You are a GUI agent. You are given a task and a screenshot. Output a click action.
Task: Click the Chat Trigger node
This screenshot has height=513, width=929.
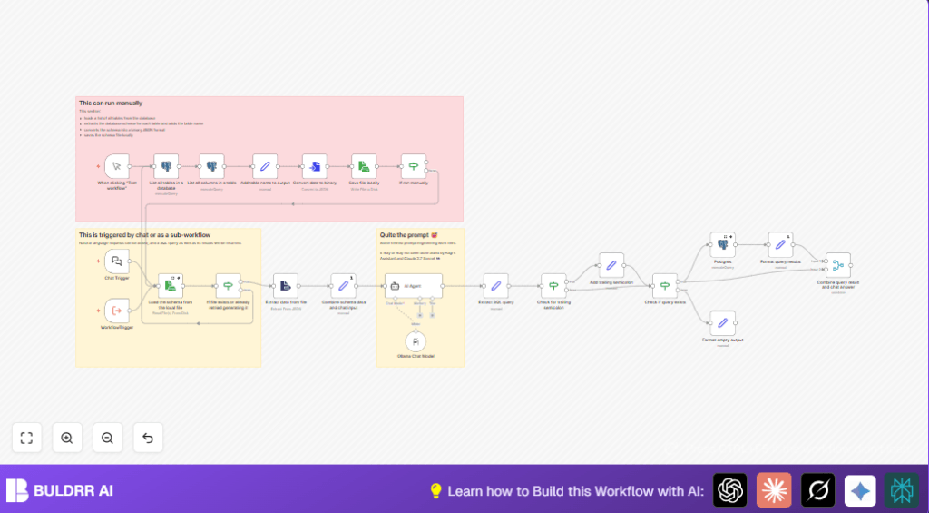[x=117, y=262]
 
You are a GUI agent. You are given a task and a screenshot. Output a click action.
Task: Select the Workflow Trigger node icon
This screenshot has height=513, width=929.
[x=117, y=311]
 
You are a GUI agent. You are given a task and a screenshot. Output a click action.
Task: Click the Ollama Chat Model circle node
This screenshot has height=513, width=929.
[x=416, y=341]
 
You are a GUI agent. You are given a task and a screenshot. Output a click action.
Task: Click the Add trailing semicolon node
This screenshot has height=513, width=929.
[x=611, y=265]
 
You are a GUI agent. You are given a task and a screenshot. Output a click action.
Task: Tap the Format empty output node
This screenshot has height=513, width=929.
[x=722, y=322]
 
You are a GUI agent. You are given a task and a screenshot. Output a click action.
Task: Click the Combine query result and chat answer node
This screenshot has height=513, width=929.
[x=838, y=265]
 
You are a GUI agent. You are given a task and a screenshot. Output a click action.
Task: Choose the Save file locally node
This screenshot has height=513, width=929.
[x=364, y=166]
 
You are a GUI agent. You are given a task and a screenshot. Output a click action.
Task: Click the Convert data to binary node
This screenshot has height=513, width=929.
[x=315, y=166]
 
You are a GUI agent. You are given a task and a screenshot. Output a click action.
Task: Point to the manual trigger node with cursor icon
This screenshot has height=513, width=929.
[x=117, y=166]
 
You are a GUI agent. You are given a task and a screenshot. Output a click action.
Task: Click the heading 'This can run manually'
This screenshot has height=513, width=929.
[x=111, y=104]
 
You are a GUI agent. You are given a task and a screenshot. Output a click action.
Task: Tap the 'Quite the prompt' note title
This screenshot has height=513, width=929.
[x=406, y=234]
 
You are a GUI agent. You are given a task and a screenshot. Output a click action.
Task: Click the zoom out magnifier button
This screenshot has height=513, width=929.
[x=107, y=438]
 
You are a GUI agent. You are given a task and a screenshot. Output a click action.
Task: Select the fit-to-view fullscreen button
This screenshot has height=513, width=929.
[x=26, y=438]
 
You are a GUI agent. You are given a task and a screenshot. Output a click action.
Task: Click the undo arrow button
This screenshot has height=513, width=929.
[x=148, y=438]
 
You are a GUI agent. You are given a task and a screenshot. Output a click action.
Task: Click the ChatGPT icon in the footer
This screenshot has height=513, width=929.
[x=729, y=490]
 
